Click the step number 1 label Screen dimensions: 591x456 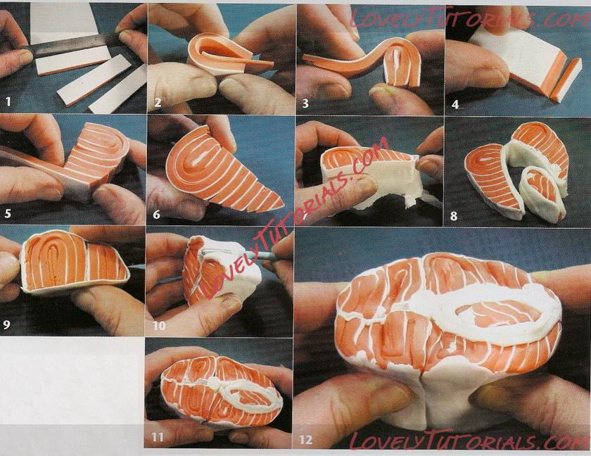click(8, 101)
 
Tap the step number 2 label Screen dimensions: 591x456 click(157, 103)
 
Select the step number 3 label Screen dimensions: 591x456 click(305, 103)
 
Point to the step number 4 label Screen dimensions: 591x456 click(455, 104)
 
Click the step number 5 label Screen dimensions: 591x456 click(8, 214)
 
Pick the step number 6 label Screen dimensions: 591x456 click(156, 215)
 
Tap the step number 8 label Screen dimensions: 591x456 click(454, 216)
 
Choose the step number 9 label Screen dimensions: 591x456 click(6, 324)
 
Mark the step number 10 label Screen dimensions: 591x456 click(159, 325)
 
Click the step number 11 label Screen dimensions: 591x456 click(157, 437)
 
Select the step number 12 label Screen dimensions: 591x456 click(305, 439)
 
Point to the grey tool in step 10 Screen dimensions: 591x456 click(245, 254)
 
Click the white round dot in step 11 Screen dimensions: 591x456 click(215, 384)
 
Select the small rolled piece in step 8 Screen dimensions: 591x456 click(542, 192)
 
